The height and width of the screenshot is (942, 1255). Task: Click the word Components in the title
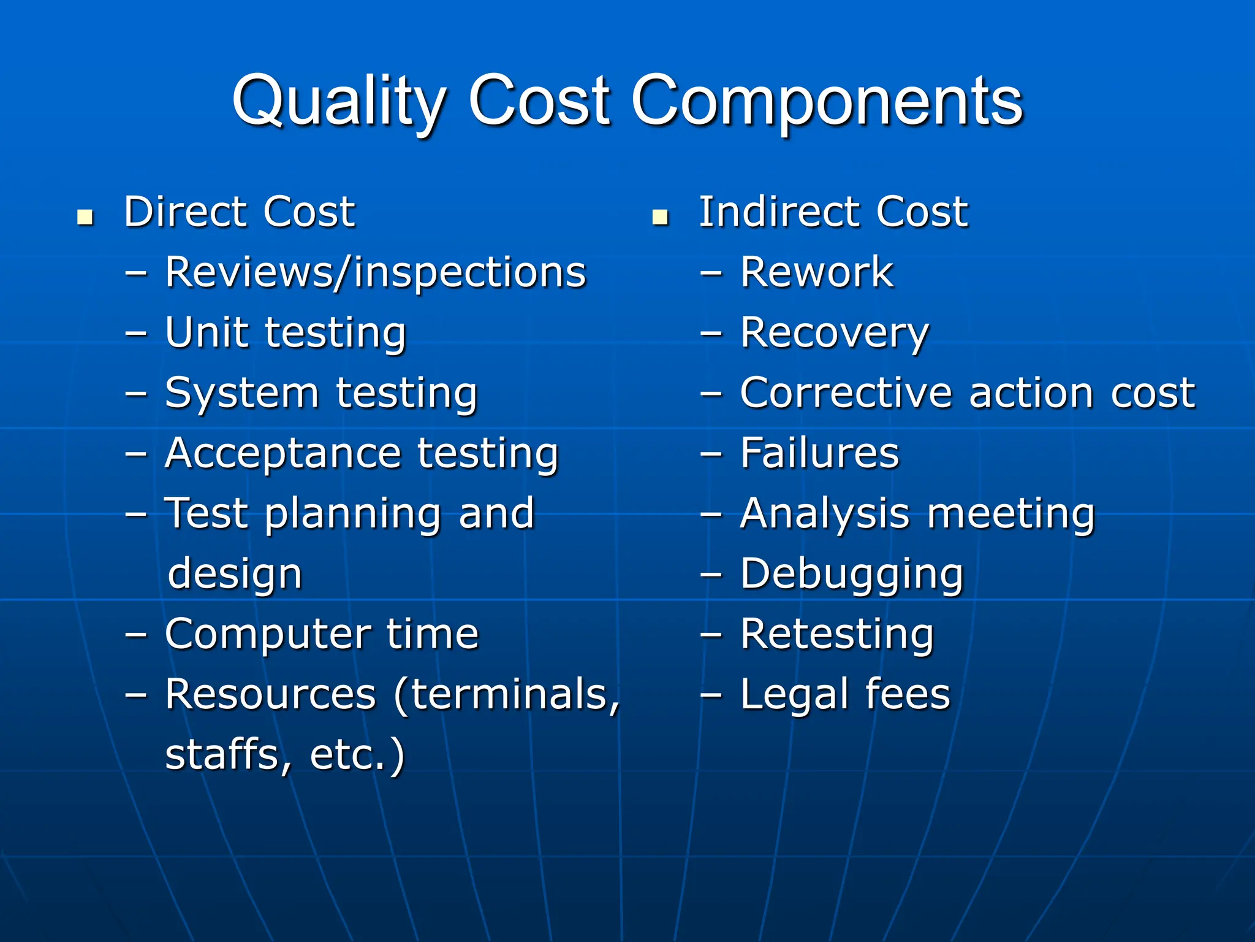tap(827, 101)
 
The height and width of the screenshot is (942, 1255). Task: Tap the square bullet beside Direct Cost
tap(85, 217)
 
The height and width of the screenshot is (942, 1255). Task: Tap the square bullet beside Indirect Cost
tap(660, 217)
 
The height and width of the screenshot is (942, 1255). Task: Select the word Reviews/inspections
tap(376, 273)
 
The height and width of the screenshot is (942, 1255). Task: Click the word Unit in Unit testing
tap(207, 332)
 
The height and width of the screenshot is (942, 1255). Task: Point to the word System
tap(242, 394)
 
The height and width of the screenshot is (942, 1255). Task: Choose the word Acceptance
tap(283, 454)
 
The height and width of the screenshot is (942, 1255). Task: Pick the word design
tap(235, 575)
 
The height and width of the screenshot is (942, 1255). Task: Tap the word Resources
tap(270, 694)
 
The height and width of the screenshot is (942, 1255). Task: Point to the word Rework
tap(816, 272)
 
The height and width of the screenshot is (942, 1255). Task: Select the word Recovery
tap(834, 334)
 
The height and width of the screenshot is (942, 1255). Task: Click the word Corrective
tap(846, 392)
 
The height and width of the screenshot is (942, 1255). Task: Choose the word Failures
tap(819, 453)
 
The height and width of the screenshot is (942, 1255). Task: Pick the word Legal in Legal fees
tap(794, 695)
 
